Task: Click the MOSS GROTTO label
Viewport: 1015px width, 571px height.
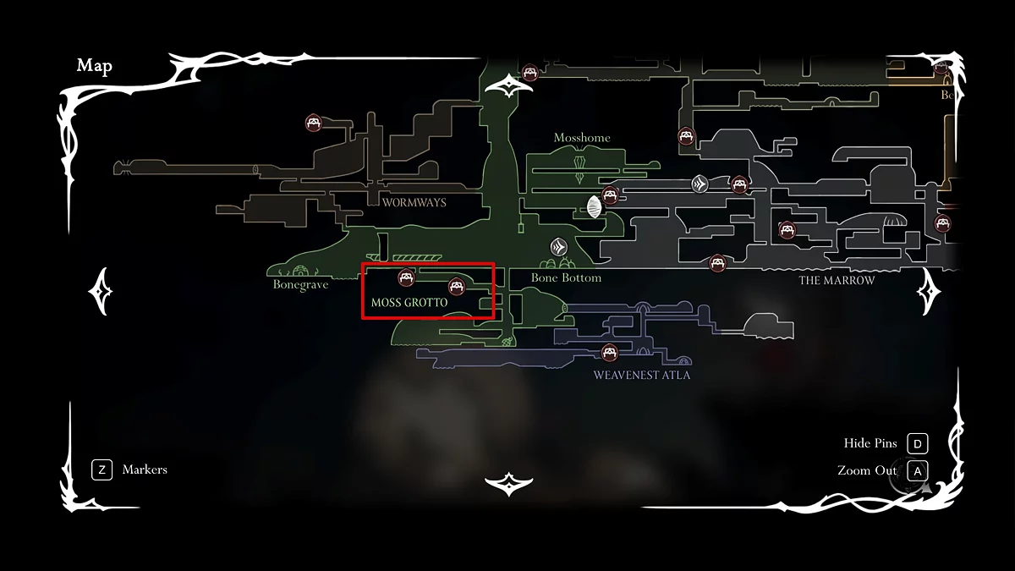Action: click(409, 302)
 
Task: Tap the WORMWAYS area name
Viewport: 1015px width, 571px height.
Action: click(414, 202)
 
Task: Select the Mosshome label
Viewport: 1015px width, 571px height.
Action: click(582, 138)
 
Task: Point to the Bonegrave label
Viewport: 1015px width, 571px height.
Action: click(300, 285)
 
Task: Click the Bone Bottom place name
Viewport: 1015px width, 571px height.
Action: click(566, 277)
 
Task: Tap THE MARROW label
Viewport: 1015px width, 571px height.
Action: click(837, 280)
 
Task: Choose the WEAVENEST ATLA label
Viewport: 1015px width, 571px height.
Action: click(641, 375)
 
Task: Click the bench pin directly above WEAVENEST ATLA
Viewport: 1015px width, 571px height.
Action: click(608, 352)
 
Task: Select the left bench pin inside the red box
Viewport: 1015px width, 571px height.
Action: click(406, 277)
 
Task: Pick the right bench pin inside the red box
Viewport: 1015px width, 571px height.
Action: click(457, 286)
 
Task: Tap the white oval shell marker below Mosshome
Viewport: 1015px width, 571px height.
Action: click(594, 205)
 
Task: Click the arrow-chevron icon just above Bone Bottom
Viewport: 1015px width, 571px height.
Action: click(558, 247)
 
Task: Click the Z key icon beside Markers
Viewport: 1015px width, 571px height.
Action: click(101, 469)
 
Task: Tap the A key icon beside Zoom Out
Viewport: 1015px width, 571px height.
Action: click(917, 470)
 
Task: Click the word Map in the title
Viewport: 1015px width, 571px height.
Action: click(94, 66)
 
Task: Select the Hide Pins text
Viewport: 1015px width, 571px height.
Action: click(870, 443)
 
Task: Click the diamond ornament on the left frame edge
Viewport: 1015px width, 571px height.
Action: click(101, 292)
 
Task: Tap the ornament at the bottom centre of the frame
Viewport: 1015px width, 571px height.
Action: click(507, 484)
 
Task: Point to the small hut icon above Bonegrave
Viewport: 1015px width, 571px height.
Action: click(300, 271)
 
